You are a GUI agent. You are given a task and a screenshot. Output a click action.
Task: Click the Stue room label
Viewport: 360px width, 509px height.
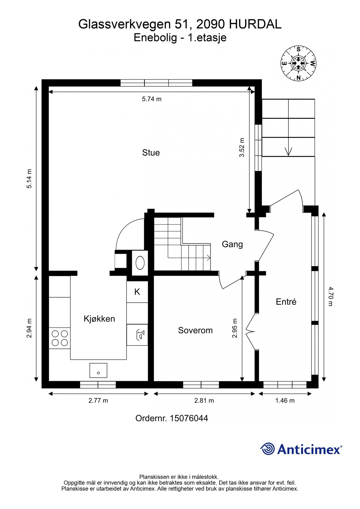(151, 153)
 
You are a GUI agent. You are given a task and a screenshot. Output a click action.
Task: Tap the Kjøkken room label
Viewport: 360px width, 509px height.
(99, 319)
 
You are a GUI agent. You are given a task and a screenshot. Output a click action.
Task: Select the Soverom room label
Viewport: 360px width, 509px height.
(195, 330)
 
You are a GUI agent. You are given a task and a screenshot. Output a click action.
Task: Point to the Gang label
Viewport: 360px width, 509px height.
(232, 244)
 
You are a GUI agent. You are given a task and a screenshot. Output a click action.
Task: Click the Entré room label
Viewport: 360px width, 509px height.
(286, 302)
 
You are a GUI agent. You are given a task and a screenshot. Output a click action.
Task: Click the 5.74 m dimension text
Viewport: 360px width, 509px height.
(152, 99)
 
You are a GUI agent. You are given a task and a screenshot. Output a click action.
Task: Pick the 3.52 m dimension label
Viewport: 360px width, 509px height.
(242, 147)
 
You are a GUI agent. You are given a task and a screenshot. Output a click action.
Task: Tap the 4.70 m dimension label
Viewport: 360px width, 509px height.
(331, 296)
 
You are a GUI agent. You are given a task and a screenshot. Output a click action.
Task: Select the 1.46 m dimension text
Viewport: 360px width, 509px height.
(285, 400)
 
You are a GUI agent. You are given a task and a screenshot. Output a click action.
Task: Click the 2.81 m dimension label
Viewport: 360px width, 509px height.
(204, 400)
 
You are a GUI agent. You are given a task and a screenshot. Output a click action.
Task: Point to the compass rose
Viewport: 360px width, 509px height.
(298, 63)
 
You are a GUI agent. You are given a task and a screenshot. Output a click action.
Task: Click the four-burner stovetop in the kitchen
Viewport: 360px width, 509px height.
(60, 338)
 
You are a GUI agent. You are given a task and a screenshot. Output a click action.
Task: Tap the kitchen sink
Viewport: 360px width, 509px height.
(98, 370)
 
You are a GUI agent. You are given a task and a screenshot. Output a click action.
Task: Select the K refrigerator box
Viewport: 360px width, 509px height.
(137, 292)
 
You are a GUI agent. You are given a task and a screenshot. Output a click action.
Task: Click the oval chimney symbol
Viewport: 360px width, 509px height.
(140, 263)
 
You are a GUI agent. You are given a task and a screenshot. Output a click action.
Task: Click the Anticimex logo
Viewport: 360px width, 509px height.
(301, 449)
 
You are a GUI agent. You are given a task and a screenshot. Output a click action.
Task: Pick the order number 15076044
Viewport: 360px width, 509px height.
(172, 418)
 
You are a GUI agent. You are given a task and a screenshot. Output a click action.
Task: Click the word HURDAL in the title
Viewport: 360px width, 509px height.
(255, 24)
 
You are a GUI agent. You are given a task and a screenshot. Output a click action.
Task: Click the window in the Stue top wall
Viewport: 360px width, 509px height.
(156, 83)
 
